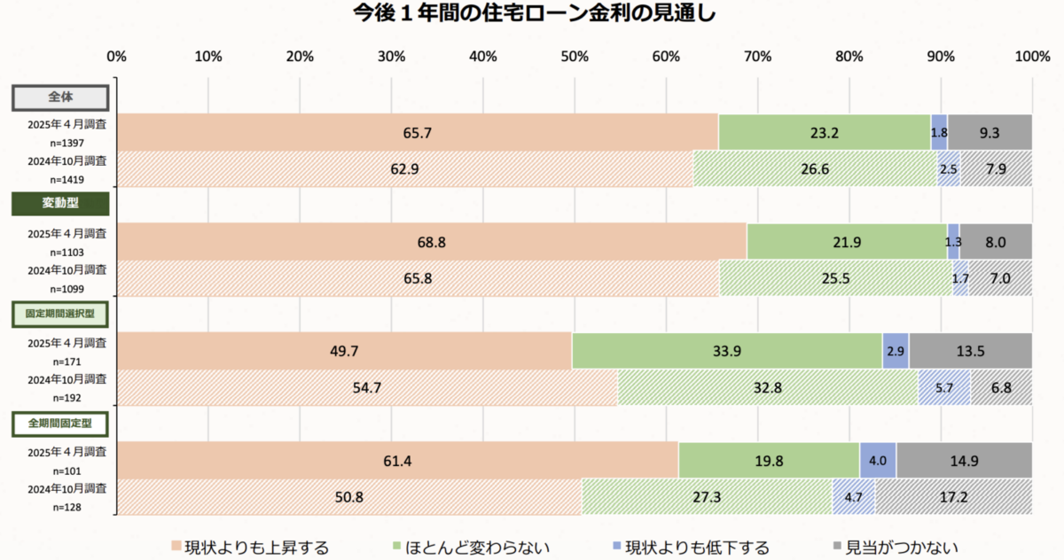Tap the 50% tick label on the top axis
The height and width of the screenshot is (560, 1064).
point(575,57)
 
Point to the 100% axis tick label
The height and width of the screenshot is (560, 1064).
point(1031,57)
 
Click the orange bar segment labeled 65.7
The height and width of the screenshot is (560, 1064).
point(417,132)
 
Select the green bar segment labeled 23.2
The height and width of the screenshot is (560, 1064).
point(824,132)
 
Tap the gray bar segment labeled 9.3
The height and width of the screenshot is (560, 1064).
point(990,132)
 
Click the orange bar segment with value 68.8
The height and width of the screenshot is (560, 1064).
point(431,241)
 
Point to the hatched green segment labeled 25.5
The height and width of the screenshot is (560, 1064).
point(835,278)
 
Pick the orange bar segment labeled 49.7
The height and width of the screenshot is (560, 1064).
point(344,351)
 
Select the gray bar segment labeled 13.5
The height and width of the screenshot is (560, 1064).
point(970,351)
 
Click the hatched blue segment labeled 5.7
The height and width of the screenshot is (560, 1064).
point(943,388)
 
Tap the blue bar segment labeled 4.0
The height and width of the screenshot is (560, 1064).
point(878,461)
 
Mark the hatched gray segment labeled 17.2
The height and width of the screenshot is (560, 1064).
point(953,497)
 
